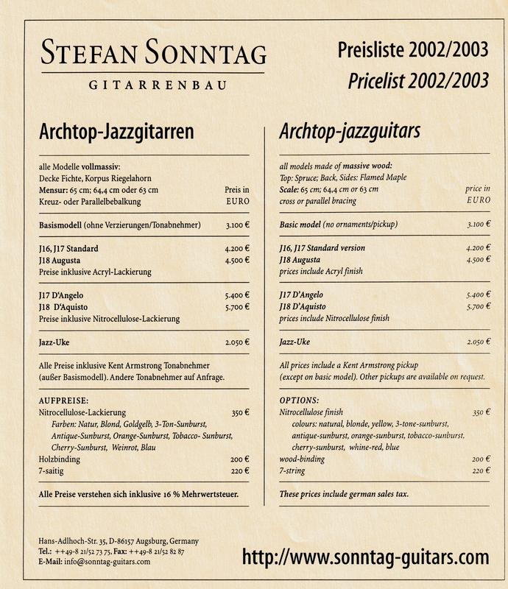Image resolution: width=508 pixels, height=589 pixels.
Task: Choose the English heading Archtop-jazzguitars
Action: (x=350, y=132)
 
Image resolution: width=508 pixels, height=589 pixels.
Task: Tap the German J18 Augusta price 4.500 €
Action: (x=237, y=260)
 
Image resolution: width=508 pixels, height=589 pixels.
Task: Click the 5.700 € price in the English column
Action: (x=479, y=306)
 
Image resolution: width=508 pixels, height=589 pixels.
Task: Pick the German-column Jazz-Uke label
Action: (x=55, y=342)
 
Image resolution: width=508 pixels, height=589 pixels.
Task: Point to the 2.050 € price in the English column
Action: (x=479, y=342)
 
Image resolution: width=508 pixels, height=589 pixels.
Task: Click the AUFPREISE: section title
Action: (x=63, y=400)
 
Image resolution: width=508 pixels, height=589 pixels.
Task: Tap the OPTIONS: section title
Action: (x=299, y=400)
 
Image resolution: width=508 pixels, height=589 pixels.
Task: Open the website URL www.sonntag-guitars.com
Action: (x=365, y=555)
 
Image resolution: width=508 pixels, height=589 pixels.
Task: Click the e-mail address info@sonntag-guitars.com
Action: (x=105, y=561)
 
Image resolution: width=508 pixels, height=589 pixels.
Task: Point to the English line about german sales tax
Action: (x=344, y=493)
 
